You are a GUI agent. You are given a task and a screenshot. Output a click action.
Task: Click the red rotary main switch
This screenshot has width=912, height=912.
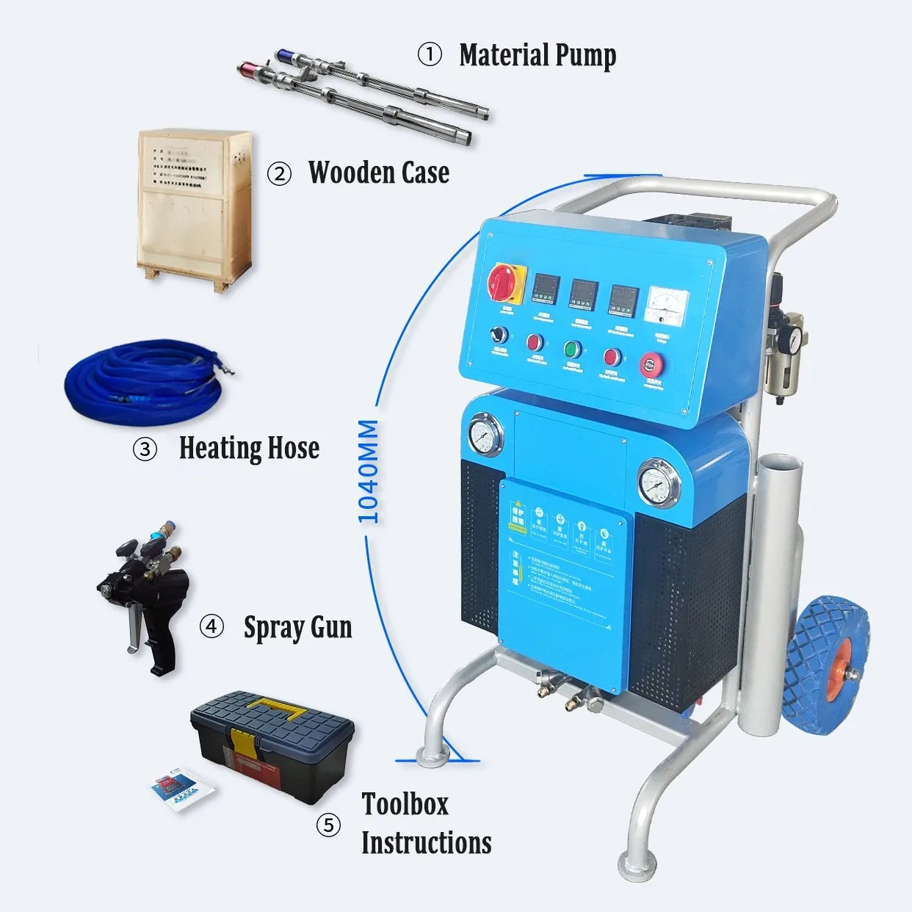pyautogui.click(x=505, y=282)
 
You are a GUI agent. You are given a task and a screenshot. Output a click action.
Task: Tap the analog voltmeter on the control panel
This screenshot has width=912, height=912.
pyautogui.click(x=666, y=305)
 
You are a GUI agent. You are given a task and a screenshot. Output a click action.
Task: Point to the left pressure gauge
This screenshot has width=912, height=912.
pyautogui.click(x=484, y=435)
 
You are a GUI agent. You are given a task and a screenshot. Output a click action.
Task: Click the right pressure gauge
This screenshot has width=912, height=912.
pyautogui.click(x=658, y=482)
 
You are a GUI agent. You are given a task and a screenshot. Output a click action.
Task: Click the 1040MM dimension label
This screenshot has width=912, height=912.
pyautogui.click(x=368, y=471)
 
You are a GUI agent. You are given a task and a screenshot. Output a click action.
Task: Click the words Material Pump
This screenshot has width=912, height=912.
pyautogui.click(x=538, y=55)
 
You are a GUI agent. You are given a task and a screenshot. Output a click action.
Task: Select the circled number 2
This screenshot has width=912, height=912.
pyautogui.click(x=279, y=174)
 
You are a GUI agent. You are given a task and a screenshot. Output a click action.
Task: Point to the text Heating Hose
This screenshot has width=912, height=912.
pyautogui.click(x=249, y=448)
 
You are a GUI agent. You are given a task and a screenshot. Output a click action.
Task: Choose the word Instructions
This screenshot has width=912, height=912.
pyautogui.click(x=427, y=842)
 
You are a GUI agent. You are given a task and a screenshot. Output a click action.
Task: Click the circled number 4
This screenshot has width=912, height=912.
pyautogui.click(x=211, y=626)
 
